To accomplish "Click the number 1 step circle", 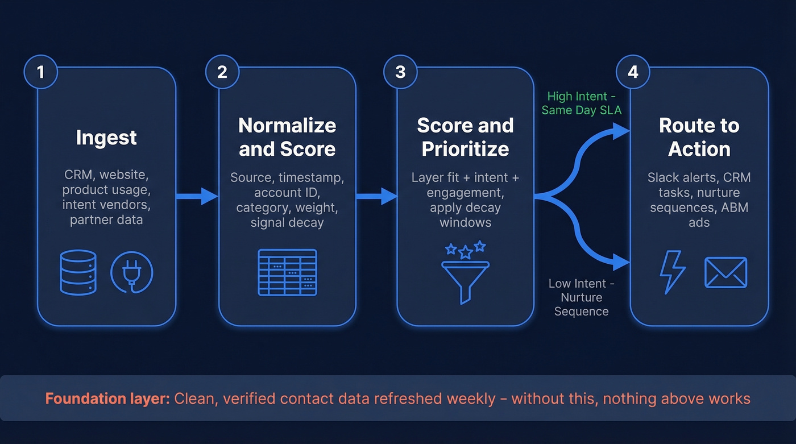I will (x=40, y=72).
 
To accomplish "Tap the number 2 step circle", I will (x=222, y=72).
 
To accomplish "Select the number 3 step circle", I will (x=400, y=72).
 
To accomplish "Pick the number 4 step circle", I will (x=633, y=72).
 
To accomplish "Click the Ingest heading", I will (x=106, y=138).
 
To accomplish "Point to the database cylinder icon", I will (x=78, y=272).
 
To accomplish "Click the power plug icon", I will (x=132, y=272).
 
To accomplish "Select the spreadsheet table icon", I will (x=287, y=272).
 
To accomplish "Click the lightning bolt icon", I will (x=672, y=272).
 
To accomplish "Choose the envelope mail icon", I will (x=725, y=272).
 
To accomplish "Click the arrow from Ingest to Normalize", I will (x=197, y=197).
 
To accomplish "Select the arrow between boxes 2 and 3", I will (x=376, y=197).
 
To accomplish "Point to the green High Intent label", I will (x=581, y=103).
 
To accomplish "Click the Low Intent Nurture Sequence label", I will (x=581, y=297).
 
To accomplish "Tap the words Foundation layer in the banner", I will (x=107, y=398).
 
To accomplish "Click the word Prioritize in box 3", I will (x=465, y=150).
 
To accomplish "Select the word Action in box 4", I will (x=699, y=150).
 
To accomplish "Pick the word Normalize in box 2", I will (x=287, y=126).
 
